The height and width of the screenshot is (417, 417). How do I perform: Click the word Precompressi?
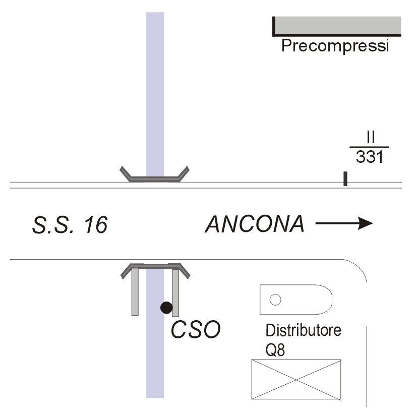[x=335, y=46]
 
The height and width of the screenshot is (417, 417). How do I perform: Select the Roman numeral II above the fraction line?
[x=371, y=137]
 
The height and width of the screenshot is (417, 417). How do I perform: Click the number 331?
[x=370, y=157]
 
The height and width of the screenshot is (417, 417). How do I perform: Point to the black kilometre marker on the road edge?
[x=345, y=179]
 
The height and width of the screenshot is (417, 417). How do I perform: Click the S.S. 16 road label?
[x=70, y=225]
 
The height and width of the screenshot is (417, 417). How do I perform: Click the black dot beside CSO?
[x=166, y=307]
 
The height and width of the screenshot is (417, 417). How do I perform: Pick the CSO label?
[x=196, y=330]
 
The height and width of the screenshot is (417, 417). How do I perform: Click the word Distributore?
[x=304, y=331]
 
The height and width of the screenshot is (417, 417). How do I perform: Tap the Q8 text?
[x=275, y=349]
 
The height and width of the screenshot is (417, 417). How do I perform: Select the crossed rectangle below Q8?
[x=296, y=379]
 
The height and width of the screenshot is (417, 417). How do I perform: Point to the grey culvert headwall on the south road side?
[x=155, y=266]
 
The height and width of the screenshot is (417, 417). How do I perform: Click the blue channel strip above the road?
[x=155, y=91]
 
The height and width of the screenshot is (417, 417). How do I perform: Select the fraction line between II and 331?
[x=370, y=147]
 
